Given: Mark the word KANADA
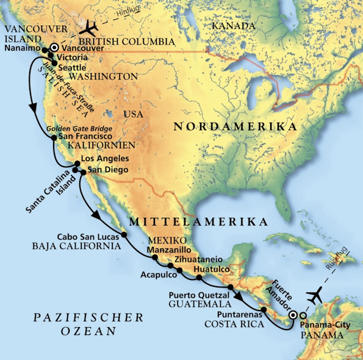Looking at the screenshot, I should [232, 26].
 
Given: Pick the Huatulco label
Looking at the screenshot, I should [212, 268].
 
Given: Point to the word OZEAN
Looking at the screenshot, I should [89, 331].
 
